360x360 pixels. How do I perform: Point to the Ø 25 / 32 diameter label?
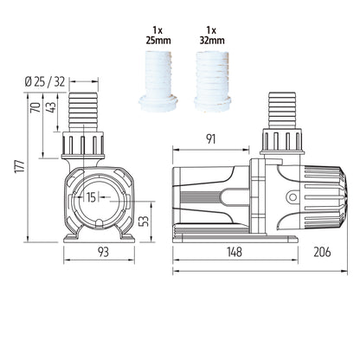point(55,82)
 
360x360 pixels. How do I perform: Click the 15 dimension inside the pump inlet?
point(93,197)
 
